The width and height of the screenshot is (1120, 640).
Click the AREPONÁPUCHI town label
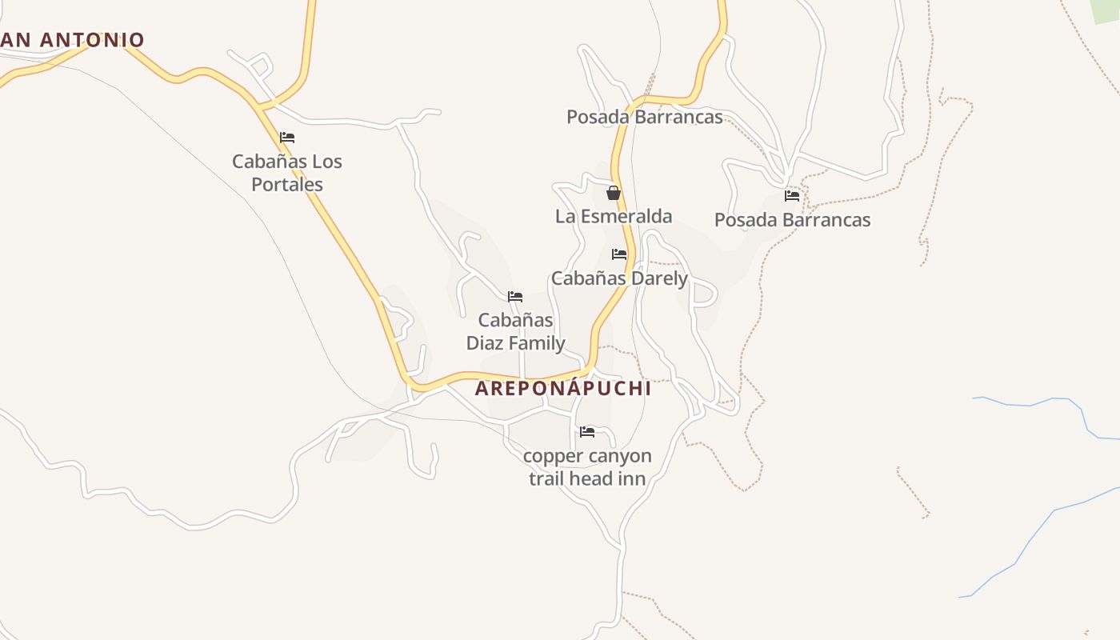(562, 389)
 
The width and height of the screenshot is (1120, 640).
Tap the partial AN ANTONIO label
(72, 39)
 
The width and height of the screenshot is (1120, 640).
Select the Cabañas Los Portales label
(287, 173)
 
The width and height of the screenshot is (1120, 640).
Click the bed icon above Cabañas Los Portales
(287, 138)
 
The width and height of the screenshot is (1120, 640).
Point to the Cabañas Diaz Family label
(516, 331)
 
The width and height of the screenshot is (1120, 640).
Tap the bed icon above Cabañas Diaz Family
(515, 297)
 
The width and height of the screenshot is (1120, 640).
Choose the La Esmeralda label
(614, 216)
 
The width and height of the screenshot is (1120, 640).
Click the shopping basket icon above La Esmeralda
(614, 193)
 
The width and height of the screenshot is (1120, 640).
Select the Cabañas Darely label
(619, 278)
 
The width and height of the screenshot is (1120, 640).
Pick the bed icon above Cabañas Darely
(619, 254)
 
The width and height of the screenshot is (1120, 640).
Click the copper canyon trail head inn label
(587, 467)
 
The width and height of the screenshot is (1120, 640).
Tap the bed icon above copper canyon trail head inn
(587, 432)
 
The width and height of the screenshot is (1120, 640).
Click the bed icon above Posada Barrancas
(792, 195)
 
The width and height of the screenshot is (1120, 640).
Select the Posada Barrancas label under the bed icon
(792, 220)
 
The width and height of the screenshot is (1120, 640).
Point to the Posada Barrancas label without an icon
(645, 117)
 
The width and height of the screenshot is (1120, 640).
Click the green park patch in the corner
(1106, 10)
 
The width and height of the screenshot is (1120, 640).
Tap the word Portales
(287, 185)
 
